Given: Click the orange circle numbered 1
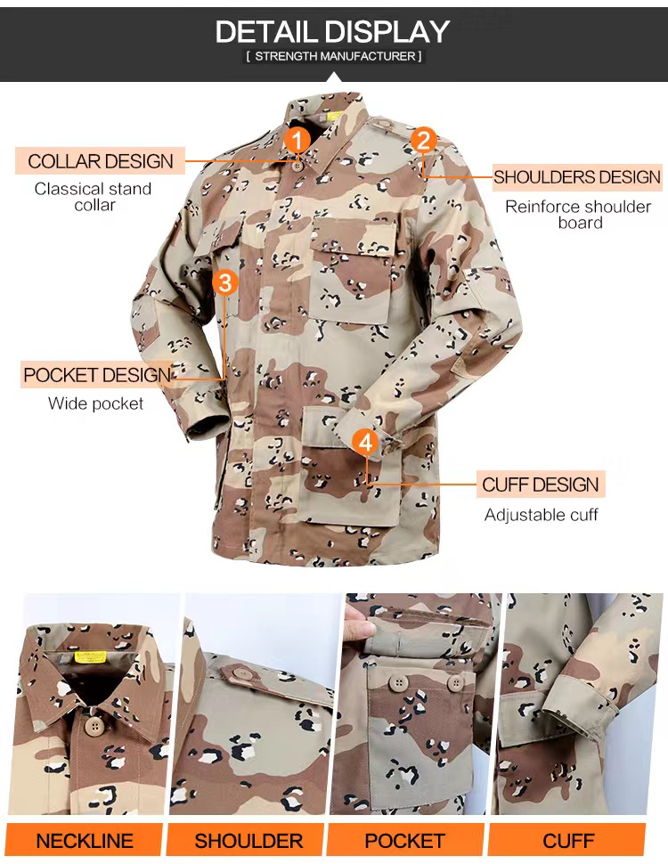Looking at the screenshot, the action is (x=297, y=140).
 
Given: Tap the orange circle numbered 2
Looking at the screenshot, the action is (x=423, y=140).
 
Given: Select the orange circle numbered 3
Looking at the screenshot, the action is (x=224, y=282).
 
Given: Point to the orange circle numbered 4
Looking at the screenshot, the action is (x=365, y=442).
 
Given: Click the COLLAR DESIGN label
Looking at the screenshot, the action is (x=101, y=161).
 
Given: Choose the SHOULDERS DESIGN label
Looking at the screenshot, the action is (x=576, y=177).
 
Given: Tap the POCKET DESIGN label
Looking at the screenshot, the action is (x=97, y=375).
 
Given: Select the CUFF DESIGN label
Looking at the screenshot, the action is (x=540, y=485).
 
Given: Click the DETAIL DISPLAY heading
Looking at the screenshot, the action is (x=333, y=32).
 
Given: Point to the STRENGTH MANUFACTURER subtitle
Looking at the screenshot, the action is (x=334, y=56).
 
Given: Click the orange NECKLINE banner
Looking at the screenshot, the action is (x=85, y=841).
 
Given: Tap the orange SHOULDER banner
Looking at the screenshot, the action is (x=248, y=841).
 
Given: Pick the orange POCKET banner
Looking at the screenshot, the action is (x=405, y=841).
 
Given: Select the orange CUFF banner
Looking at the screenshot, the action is (x=567, y=841).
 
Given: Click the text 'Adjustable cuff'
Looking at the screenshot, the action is (x=541, y=515).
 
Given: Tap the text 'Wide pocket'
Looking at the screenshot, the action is (x=95, y=403).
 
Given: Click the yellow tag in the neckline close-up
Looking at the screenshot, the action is (x=90, y=656).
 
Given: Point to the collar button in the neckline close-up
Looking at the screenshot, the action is (x=95, y=726).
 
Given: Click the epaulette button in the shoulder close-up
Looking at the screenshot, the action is (x=240, y=673).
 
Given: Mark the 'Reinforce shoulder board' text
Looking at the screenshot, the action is (x=578, y=215).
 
